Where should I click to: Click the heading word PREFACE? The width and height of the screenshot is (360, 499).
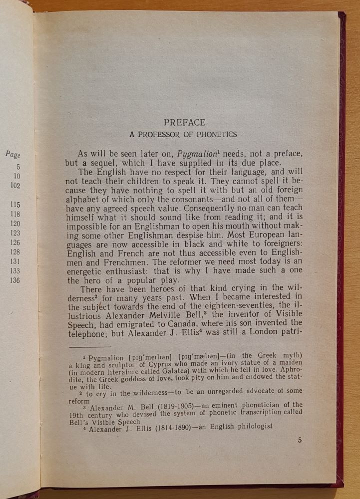tap(184, 122)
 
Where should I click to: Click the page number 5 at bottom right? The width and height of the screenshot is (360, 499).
tap(300, 440)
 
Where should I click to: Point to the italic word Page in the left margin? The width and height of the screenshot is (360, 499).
tap(13, 155)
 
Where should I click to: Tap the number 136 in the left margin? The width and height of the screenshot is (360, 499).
tap(15, 280)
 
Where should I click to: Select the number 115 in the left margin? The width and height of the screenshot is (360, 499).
tap(15, 205)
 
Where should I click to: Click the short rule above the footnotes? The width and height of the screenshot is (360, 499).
tap(90, 346)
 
